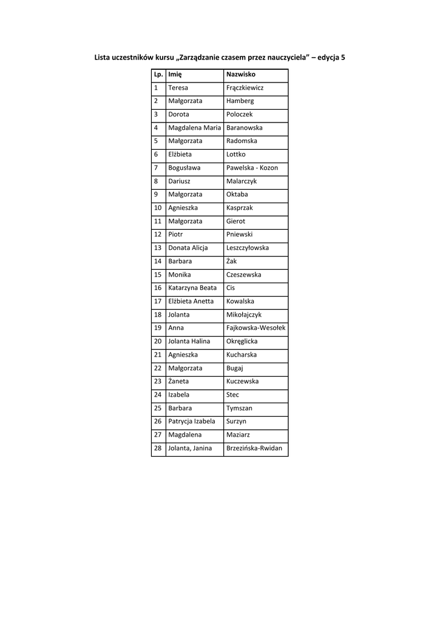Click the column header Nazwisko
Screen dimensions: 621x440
tap(240, 75)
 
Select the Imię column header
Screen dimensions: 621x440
tap(175, 75)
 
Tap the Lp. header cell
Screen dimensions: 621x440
tap(158, 75)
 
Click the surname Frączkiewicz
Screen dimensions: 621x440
tap(245, 88)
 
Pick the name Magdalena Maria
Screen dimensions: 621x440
tap(194, 128)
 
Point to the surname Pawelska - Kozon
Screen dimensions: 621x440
tap(252, 168)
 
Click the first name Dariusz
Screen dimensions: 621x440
tap(180, 181)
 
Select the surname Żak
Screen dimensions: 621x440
tap(231, 261)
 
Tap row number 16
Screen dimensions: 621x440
tap(158, 288)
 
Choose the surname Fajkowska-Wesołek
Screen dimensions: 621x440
tap(256, 328)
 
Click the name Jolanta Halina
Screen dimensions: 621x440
tap(189, 341)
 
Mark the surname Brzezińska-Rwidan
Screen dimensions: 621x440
tap(254, 448)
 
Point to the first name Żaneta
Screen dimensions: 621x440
tap(178, 381)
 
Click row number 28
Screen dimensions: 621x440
tap(158, 448)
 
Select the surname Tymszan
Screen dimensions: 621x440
tap(239, 408)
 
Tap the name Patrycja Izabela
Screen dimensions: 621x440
tap(192, 421)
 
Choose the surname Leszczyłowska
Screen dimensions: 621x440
tap(247, 248)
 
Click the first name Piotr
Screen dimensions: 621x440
tap(175, 235)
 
